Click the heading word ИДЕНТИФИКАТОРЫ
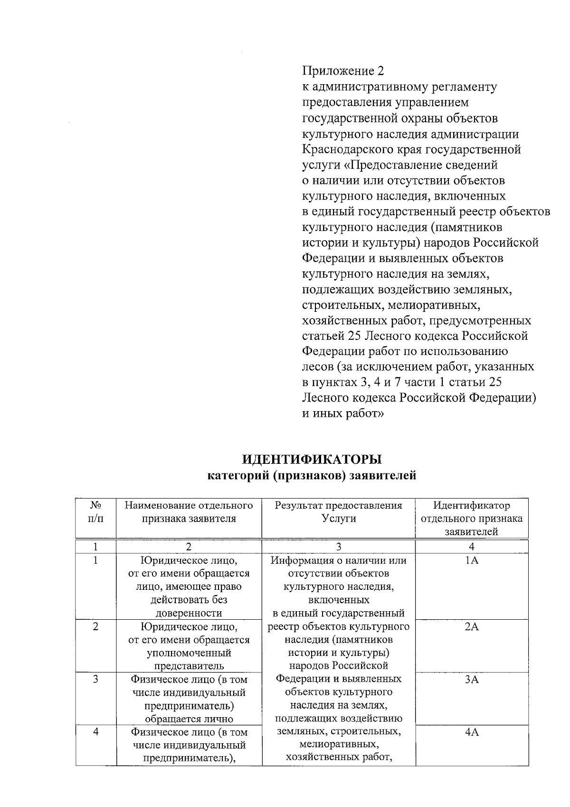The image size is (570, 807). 312,460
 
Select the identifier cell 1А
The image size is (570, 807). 472,561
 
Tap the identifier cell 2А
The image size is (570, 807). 472,627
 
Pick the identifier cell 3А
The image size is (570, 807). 472,680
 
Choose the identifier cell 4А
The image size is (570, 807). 472,732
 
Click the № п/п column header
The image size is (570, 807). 95,512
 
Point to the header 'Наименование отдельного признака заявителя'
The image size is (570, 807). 189,512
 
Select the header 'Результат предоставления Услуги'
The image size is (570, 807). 338,512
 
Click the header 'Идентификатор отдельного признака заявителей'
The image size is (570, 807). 472,519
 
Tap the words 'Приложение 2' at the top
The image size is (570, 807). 342,71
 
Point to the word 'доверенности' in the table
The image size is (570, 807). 189,613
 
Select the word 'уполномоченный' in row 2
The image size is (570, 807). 189,653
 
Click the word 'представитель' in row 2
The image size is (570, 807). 189,666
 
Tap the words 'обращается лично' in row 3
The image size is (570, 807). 189,719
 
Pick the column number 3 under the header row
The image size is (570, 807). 338,547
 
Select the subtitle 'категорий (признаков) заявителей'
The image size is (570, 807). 312,475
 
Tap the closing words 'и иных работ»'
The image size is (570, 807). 343,413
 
